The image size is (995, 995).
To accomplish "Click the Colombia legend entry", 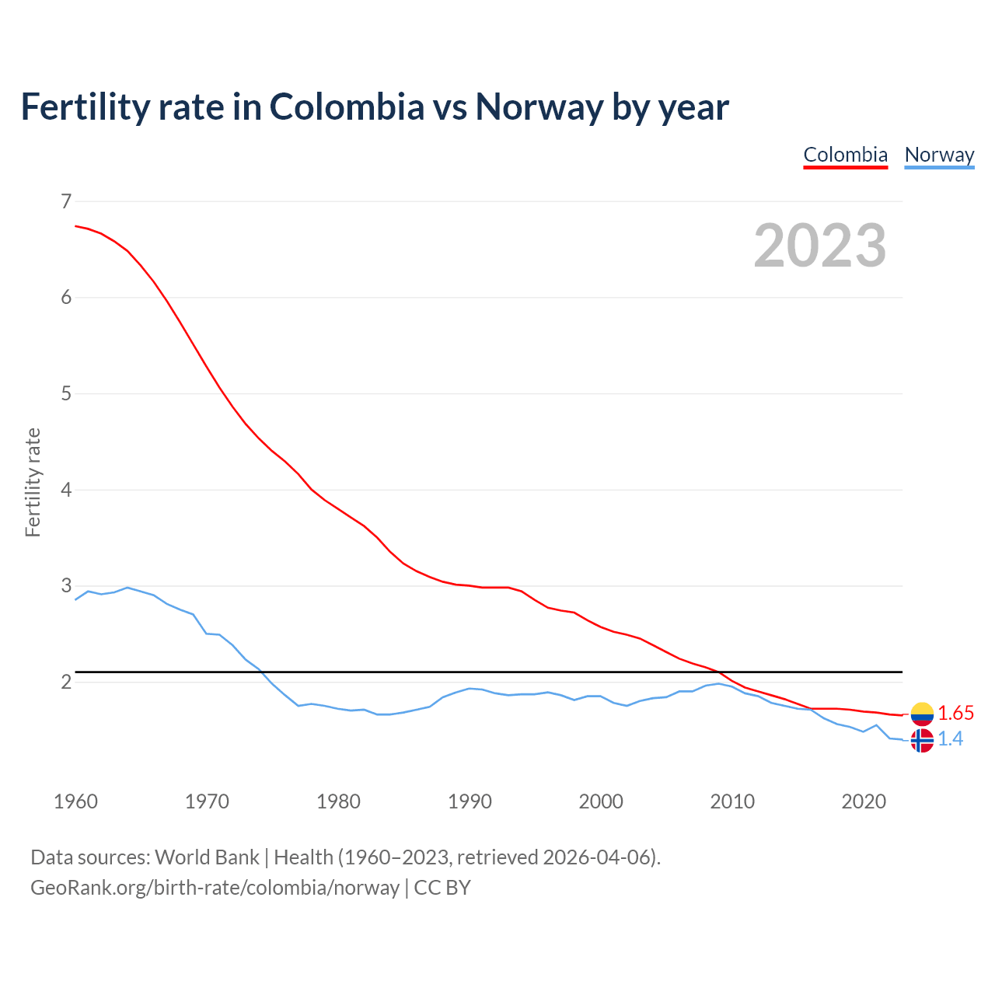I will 845,155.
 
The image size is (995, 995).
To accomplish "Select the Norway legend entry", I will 939,155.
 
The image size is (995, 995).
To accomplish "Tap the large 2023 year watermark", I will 820,246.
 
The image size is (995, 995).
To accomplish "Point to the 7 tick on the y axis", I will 65,201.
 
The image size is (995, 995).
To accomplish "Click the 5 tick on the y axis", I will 65,393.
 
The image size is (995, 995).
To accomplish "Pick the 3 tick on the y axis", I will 65,585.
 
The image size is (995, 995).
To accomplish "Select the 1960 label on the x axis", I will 75,801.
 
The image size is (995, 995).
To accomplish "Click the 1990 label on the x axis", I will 470,801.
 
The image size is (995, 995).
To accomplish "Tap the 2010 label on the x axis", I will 732,801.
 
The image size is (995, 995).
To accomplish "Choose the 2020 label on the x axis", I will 864,801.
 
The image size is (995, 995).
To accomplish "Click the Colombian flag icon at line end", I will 922,714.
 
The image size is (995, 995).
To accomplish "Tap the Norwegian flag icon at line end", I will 922,741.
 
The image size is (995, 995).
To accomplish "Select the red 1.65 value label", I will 955,714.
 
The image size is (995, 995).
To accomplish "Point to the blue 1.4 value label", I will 950,739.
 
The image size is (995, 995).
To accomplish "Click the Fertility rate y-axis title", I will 33,482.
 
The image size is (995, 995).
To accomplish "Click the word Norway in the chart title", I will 539,107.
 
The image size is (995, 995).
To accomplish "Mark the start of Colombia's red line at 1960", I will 75,225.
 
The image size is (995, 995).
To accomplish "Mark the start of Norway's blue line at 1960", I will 75,599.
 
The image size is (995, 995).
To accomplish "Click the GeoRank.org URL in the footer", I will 215,888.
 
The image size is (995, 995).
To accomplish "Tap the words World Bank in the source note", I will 207,857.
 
